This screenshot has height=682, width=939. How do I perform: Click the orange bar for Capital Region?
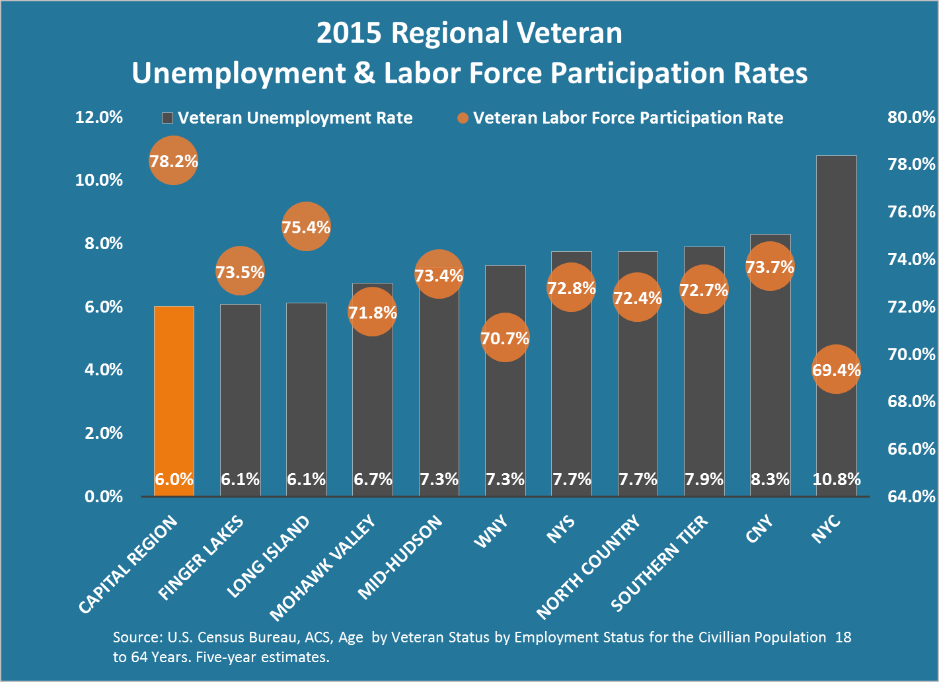(174, 397)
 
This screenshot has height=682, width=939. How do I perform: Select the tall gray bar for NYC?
(836, 264)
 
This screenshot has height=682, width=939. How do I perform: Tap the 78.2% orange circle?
(173, 161)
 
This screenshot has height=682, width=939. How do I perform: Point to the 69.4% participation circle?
(836, 369)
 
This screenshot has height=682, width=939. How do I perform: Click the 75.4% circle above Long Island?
(306, 227)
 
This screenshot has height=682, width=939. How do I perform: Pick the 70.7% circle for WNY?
(505, 338)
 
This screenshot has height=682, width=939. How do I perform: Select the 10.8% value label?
(836, 479)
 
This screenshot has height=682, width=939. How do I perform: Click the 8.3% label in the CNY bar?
(770, 479)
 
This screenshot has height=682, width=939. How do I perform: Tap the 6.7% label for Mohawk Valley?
(373, 479)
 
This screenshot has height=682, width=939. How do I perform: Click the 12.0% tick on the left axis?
(99, 117)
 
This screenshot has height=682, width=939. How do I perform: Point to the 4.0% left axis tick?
(104, 369)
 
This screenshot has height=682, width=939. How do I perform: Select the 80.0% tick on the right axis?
(911, 117)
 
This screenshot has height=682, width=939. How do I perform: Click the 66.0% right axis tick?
(911, 449)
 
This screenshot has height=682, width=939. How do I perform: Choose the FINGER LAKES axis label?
(202, 558)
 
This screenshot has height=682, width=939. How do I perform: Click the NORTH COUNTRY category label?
(587, 567)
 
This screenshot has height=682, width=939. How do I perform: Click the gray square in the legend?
(167, 118)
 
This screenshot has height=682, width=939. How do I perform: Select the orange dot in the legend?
(463, 118)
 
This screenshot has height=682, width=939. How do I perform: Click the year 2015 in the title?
(349, 33)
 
